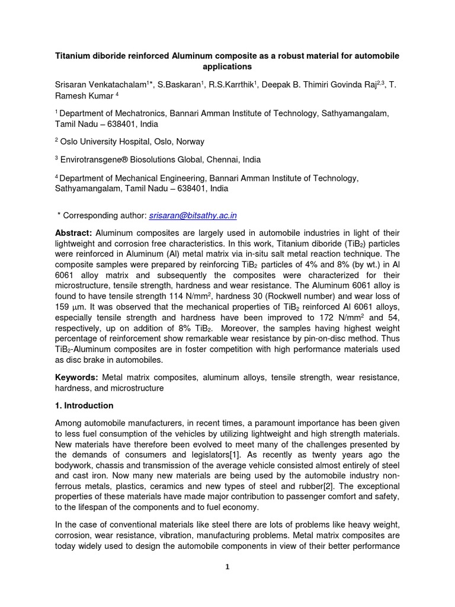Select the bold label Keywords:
click(x=77, y=377)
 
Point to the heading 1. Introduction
click(x=84, y=406)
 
